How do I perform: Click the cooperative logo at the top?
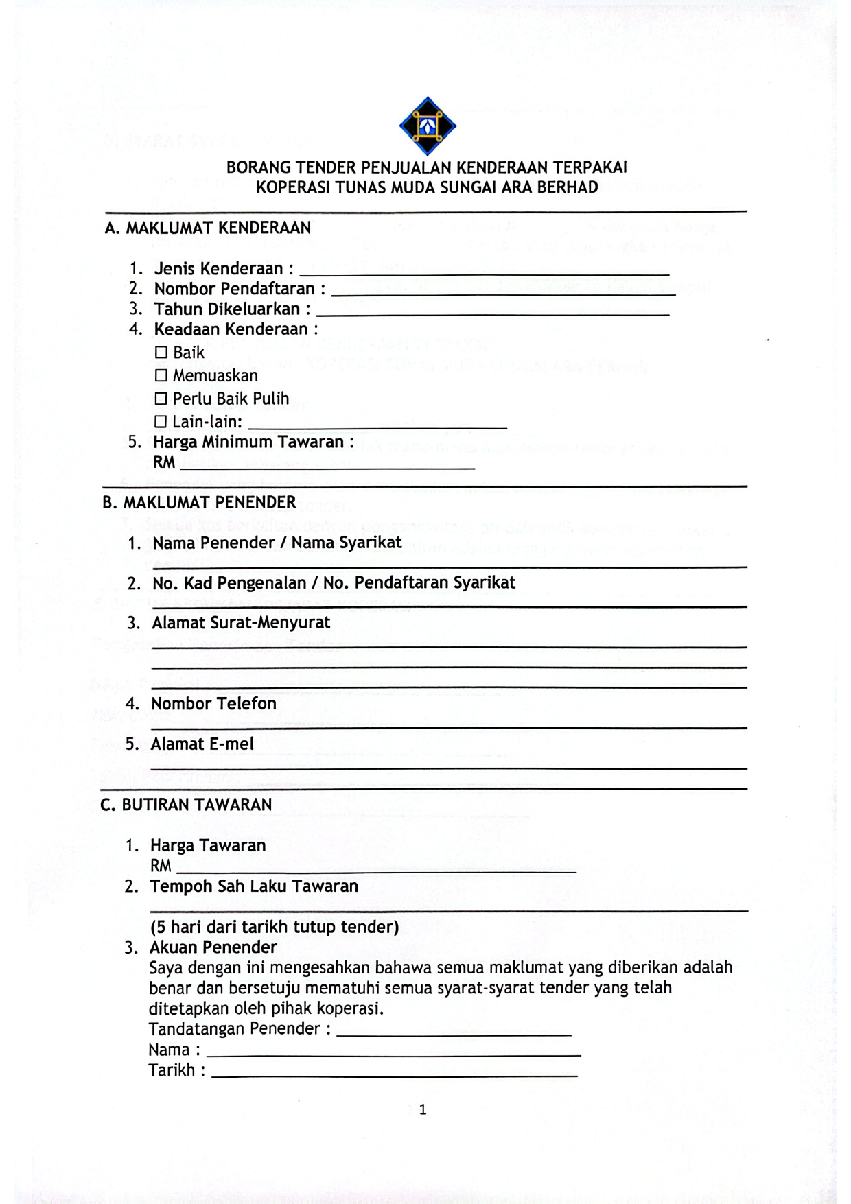click(428, 126)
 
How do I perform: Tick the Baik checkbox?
click(161, 353)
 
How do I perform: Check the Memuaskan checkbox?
click(161, 376)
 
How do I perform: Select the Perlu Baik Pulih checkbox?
click(161, 399)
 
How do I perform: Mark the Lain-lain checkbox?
click(161, 421)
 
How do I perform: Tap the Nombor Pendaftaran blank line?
click(503, 293)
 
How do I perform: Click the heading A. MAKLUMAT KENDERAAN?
click(207, 228)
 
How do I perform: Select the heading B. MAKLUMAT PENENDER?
click(199, 502)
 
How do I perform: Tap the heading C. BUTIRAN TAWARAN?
click(186, 804)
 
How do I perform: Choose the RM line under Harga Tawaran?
click(375, 871)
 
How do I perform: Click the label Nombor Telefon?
click(213, 704)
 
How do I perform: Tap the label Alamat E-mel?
click(202, 744)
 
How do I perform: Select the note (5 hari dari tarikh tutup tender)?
click(275, 927)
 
